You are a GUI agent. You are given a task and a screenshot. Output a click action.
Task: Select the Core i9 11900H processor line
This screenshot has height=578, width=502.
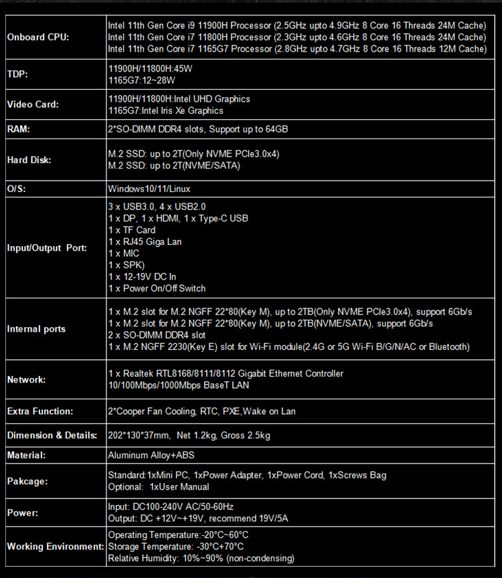297,25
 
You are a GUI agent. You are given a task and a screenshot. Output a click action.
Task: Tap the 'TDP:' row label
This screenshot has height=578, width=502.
17,74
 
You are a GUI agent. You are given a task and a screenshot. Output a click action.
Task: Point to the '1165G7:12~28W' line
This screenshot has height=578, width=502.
142,80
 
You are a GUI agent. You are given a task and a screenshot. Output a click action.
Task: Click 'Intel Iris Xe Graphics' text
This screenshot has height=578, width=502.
182,110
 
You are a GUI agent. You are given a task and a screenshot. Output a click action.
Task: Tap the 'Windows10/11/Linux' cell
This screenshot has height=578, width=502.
149,189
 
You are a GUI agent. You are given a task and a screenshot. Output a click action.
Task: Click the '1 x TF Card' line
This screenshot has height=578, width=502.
132,229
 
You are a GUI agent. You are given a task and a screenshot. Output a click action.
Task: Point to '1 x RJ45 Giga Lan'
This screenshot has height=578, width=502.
145,242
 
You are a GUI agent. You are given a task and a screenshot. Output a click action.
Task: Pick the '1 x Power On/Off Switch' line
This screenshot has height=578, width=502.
157,288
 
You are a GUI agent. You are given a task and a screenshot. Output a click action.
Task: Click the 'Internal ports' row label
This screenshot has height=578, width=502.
36,328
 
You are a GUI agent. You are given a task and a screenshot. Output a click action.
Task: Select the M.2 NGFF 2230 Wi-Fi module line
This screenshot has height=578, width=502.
288,347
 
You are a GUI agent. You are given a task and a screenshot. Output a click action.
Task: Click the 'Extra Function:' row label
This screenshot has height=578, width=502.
39,411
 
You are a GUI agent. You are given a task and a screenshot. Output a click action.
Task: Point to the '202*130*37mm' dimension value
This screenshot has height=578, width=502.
139,436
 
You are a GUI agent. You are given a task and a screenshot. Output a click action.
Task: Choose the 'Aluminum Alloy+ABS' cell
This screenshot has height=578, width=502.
151,456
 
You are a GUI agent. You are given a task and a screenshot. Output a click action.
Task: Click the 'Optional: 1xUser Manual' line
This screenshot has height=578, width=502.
159,487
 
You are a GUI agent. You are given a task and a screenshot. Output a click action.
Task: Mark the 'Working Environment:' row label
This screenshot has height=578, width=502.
54,547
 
